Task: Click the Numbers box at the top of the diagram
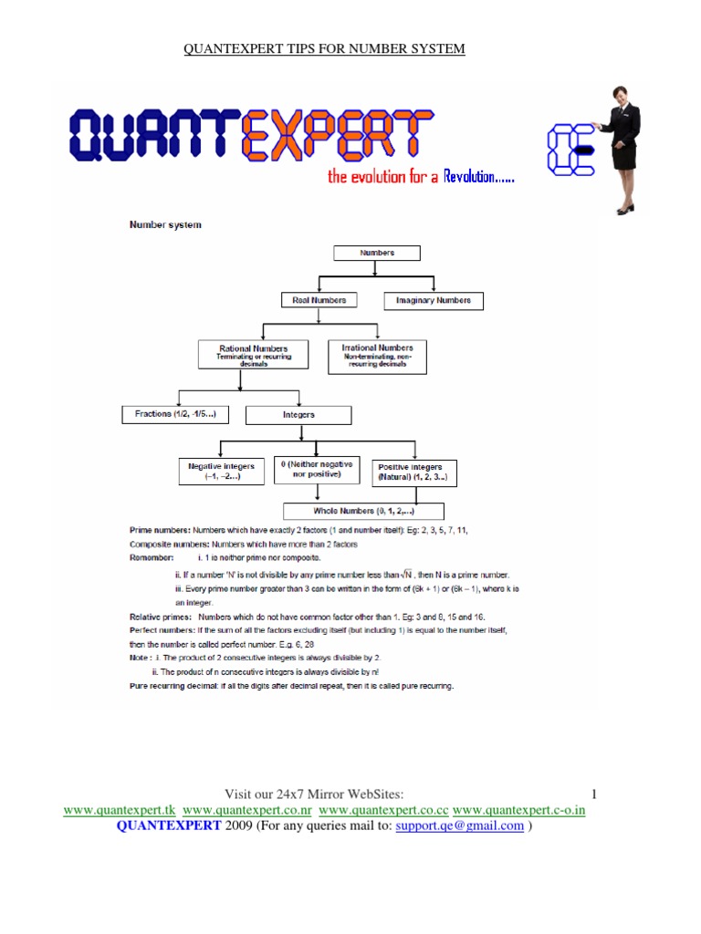pyautogui.click(x=377, y=253)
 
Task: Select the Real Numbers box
pyautogui.click(x=319, y=300)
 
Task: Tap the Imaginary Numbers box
pyautogui.click(x=434, y=300)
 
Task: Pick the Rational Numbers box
pyautogui.click(x=253, y=353)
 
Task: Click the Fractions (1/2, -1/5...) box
pyautogui.click(x=174, y=414)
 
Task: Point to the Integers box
pyautogui.click(x=298, y=415)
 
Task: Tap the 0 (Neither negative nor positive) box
pyautogui.click(x=316, y=470)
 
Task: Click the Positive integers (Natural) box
pyautogui.click(x=414, y=472)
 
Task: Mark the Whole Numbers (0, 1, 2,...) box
pyautogui.click(x=364, y=511)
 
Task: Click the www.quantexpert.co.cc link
pyautogui.click(x=383, y=810)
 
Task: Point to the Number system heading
pyautogui.click(x=165, y=224)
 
